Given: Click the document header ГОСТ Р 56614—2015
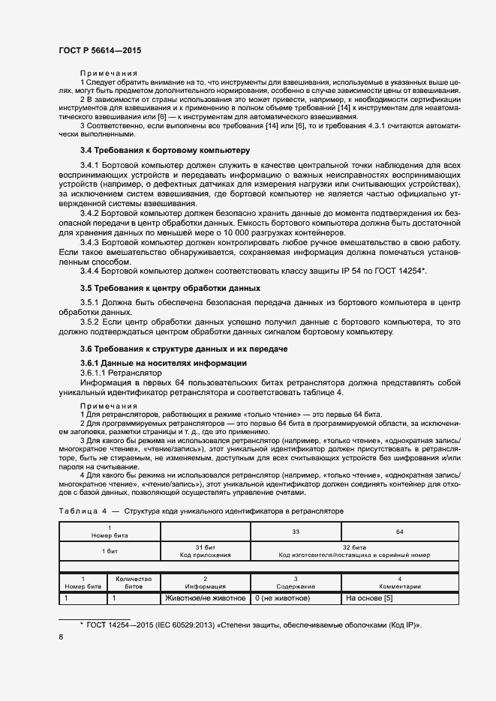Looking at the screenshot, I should point(99,50).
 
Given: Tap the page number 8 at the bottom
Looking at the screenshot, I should point(61,637).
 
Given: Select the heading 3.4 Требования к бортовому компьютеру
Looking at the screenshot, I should point(165,151).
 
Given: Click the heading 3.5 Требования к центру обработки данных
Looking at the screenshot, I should point(170,288).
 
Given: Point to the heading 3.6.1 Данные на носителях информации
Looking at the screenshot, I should point(163,363).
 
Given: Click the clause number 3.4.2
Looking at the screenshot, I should point(90,214).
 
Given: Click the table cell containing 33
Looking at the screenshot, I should point(296,530).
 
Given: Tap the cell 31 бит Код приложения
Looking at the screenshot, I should point(205,551).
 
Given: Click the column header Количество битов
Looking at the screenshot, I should point(133,583).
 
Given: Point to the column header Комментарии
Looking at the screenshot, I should point(399,583).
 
